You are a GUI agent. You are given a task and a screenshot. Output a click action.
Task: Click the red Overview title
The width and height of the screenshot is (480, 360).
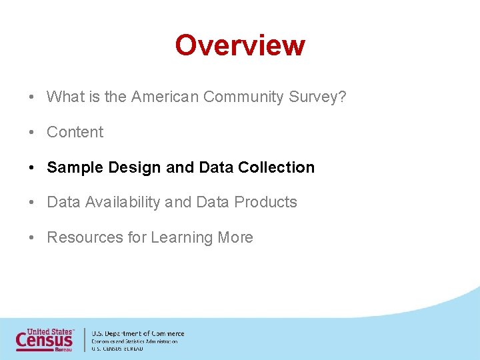click(x=240, y=45)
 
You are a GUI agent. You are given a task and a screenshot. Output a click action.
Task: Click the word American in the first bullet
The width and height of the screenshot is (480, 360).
click(x=165, y=97)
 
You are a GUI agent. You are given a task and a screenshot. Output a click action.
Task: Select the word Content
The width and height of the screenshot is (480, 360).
click(x=75, y=132)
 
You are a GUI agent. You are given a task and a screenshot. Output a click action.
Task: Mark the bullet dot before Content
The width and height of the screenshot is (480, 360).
click(x=32, y=132)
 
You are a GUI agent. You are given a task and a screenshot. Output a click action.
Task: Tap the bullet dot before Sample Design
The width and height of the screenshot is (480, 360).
click(x=32, y=167)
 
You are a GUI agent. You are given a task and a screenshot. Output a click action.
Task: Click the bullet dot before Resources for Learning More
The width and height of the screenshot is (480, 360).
click(x=32, y=238)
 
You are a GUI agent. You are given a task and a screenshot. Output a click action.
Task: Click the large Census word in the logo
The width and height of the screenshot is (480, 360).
click(x=45, y=341)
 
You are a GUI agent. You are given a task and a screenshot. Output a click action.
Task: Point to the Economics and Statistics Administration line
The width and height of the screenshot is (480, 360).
click(x=134, y=341)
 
